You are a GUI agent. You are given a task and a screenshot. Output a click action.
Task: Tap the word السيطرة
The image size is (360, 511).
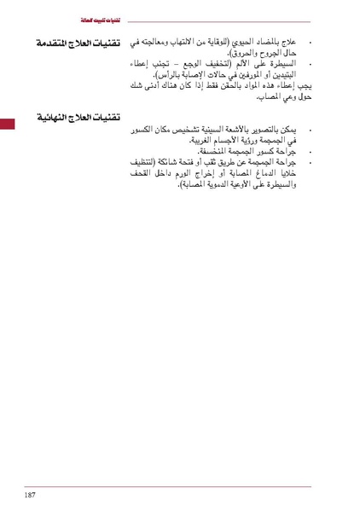[x=287, y=64]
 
